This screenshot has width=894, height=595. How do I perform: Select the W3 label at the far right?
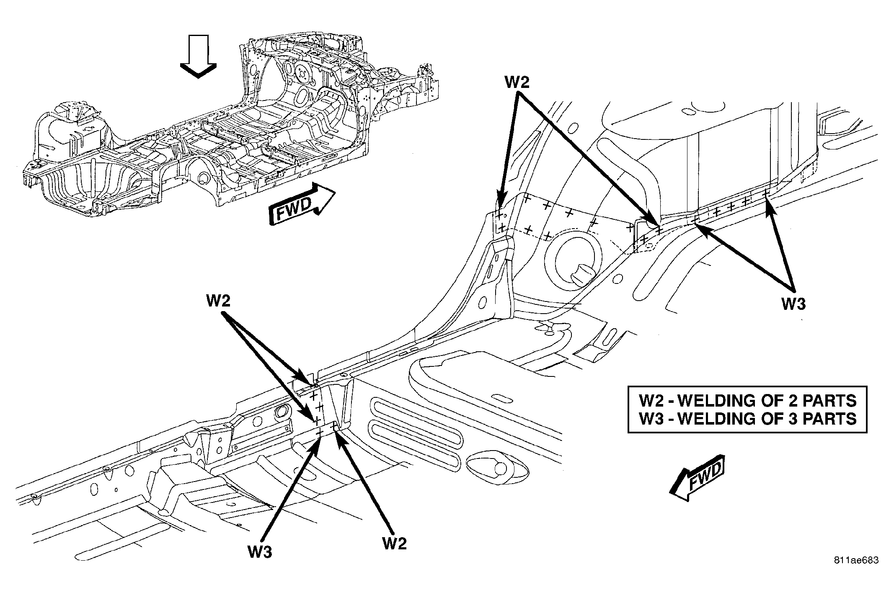tap(793, 304)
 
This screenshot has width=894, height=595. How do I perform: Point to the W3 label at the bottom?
tap(260, 552)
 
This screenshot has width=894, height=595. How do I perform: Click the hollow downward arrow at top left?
tap(198, 56)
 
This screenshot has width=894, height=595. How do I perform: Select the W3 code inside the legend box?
tap(651, 418)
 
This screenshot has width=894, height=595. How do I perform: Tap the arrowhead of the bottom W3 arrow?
tap(318, 441)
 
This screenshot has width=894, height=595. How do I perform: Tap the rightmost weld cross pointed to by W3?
tap(765, 193)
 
